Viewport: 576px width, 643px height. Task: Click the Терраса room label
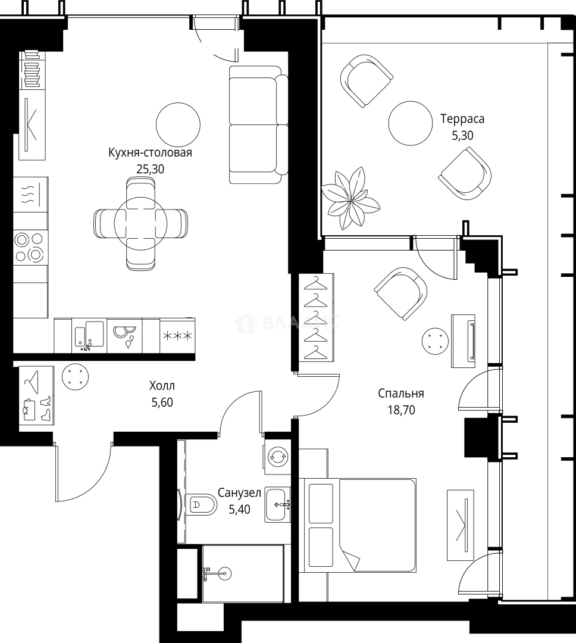click(462, 119)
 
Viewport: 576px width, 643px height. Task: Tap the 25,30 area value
click(151, 169)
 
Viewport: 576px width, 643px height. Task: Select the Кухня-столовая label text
click(150, 152)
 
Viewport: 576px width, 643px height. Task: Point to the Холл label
click(162, 385)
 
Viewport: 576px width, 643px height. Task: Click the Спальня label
click(401, 394)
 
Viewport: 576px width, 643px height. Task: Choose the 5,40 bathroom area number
click(239, 509)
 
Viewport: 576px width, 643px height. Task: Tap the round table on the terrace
click(411, 123)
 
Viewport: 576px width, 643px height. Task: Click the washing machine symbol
click(277, 457)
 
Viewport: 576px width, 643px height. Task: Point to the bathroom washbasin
click(278, 504)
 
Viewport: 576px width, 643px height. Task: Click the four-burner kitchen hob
click(30, 247)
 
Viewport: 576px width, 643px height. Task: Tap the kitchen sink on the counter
click(89, 335)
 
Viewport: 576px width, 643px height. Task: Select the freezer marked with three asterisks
click(177, 336)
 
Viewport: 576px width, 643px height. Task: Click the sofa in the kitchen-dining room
click(258, 124)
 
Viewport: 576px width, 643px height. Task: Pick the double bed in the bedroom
click(358, 525)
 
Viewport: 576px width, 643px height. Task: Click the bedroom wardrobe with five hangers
click(316, 318)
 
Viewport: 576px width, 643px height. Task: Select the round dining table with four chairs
click(140, 223)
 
